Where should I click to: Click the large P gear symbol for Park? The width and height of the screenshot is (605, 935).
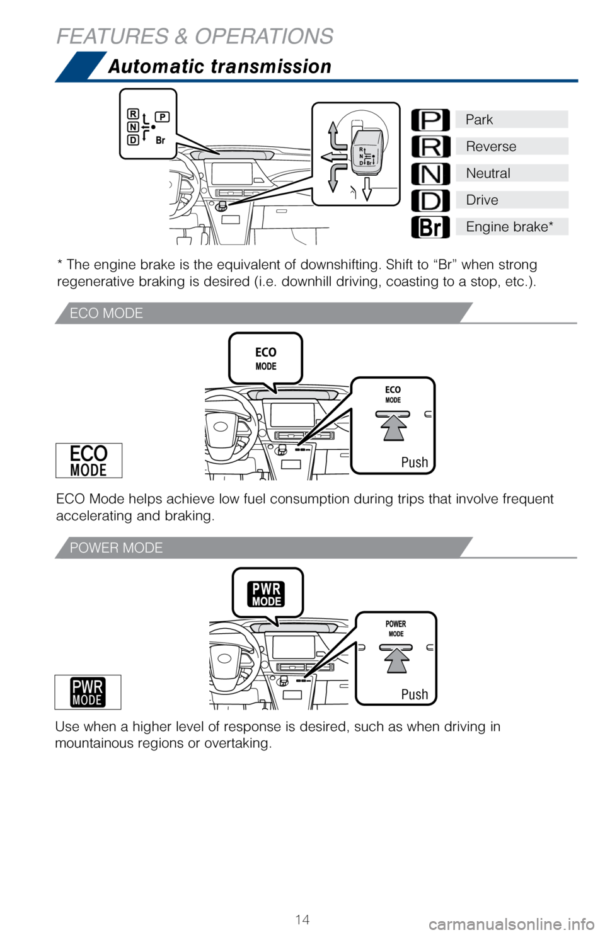pyautogui.click(x=430, y=120)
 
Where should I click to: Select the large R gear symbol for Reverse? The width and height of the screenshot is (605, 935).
pyautogui.click(x=430, y=147)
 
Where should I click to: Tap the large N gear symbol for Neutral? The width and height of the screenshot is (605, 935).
pyautogui.click(x=430, y=173)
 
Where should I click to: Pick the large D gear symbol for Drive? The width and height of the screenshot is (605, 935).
pyautogui.click(x=430, y=200)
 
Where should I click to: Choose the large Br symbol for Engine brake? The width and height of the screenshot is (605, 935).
pyautogui.click(x=430, y=227)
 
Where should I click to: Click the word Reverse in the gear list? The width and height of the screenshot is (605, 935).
pyautogui.click(x=491, y=147)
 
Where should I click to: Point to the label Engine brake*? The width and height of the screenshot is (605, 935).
pyautogui.click(x=509, y=227)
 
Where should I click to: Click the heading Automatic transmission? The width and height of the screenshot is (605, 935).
pyautogui.click(x=219, y=66)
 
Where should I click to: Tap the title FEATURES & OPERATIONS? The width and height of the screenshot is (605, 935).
pyautogui.click(x=195, y=36)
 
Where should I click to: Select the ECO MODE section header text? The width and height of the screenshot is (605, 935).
pyautogui.click(x=107, y=313)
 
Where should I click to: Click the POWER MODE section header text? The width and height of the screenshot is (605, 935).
pyautogui.click(x=116, y=548)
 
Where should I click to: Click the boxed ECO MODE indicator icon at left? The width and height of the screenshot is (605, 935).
pyautogui.click(x=89, y=461)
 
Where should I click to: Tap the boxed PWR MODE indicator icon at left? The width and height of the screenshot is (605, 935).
pyautogui.click(x=88, y=692)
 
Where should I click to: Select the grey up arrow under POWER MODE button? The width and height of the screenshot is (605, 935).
pyautogui.click(x=396, y=661)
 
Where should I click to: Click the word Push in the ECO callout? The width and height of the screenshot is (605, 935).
pyautogui.click(x=415, y=462)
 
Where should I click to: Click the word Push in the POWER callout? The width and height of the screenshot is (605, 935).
pyautogui.click(x=415, y=694)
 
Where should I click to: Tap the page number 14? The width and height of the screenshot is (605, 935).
pyautogui.click(x=302, y=919)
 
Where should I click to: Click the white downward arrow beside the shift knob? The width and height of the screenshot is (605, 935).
pyautogui.click(x=367, y=188)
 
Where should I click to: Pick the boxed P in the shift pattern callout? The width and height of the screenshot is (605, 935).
pyautogui.click(x=162, y=117)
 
